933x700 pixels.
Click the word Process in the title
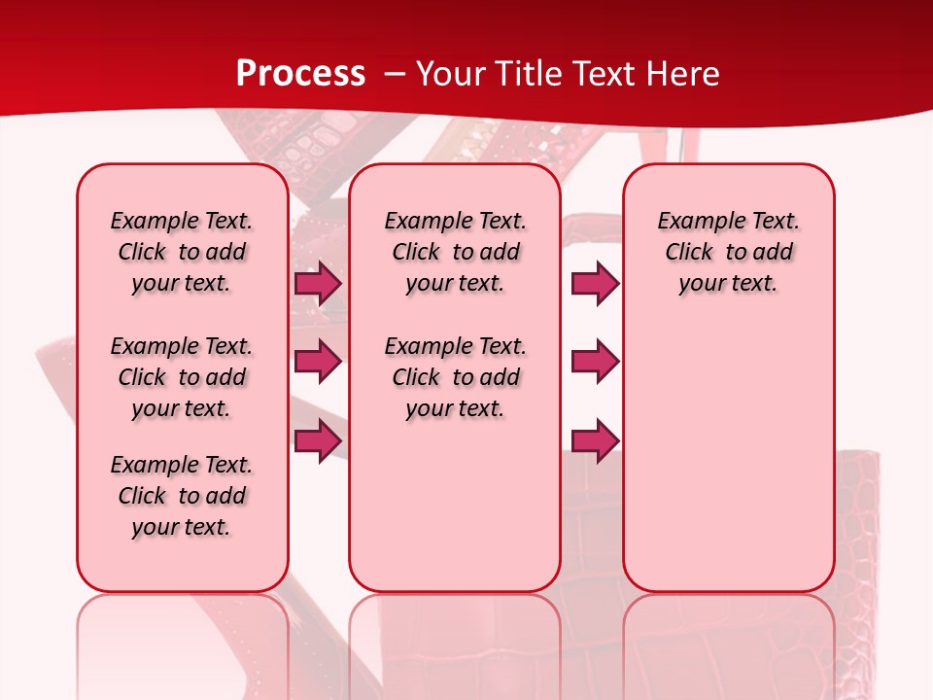click(300, 73)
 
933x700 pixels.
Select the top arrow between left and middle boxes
click(318, 284)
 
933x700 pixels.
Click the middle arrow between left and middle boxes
click(318, 362)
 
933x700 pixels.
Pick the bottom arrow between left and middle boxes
click(318, 440)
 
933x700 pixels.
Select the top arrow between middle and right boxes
click(595, 284)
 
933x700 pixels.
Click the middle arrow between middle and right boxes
click(595, 362)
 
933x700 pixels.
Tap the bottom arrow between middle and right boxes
click(595, 440)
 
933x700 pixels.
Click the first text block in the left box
click(182, 252)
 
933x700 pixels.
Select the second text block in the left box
click(182, 377)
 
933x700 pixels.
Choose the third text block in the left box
click(182, 496)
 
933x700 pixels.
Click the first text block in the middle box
click(455, 252)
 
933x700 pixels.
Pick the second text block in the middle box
click(455, 377)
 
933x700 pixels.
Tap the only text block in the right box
click(728, 252)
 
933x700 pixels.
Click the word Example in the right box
click(695, 221)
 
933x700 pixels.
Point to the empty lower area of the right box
click(728, 457)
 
